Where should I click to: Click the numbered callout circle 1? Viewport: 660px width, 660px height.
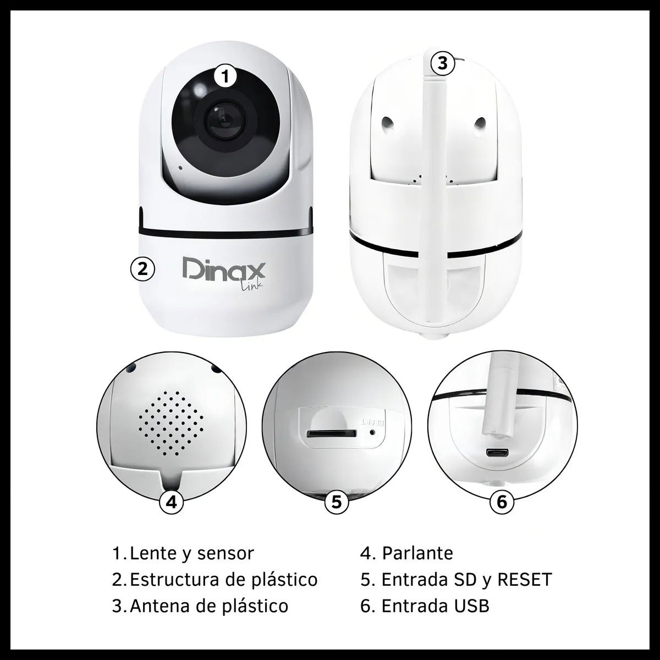pyautogui.click(x=225, y=76)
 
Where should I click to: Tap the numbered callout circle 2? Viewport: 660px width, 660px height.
pyautogui.click(x=142, y=269)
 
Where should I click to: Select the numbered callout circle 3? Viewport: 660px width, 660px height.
pyautogui.click(x=443, y=63)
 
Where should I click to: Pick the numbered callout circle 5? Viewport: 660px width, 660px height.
pyautogui.click(x=337, y=503)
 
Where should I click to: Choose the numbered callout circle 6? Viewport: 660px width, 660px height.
pyautogui.click(x=502, y=503)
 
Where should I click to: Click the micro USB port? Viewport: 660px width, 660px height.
pyautogui.click(x=497, y=453)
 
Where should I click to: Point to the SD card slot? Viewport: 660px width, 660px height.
pyautogui.click(x=332, y=433)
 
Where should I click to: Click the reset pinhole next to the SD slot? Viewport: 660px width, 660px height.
pyautogui.click(x=373, y=432)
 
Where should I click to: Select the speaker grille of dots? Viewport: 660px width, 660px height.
pyautogui.click(x=171, y=424)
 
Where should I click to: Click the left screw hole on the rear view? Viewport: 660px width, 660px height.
pyautogui.click(x=387, y=122)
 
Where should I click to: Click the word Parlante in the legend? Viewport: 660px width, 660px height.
pyautogui.click(x=417, y=553)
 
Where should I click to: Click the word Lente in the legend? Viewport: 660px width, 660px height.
pyautogui.click(x=153, y=554)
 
